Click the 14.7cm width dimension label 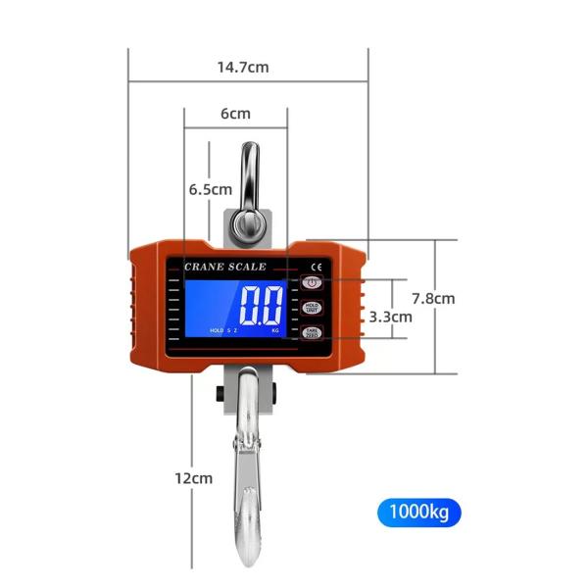[x=243, y=68]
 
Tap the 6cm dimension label [x=235, y=113]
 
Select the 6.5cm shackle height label [x=210, y=189]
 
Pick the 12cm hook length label [x=193, y=478]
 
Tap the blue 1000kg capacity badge [x=417, y=512]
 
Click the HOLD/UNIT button [x=312, y=309]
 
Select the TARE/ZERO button [x=312, y=334]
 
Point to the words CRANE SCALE [x=224, y=267]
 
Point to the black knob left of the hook [x=215, y=396]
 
